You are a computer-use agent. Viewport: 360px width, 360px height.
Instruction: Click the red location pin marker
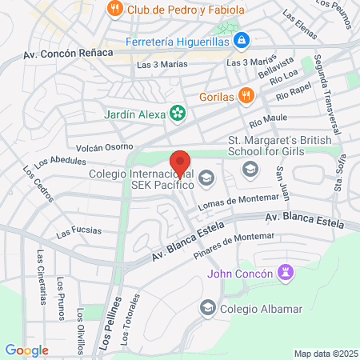tap(180, 164)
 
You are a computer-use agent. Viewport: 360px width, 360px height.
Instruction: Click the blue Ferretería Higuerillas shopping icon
tap(242, 40)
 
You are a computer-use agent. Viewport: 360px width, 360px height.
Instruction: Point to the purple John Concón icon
tap(285, 274)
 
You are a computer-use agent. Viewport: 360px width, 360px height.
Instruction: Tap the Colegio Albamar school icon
tap(208, 307)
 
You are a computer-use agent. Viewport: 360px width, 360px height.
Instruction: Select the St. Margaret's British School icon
tap(250, 169)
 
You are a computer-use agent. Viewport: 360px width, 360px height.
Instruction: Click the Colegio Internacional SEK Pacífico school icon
tap(207, 178)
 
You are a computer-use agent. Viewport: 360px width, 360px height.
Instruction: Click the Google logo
tap(26, 350)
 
